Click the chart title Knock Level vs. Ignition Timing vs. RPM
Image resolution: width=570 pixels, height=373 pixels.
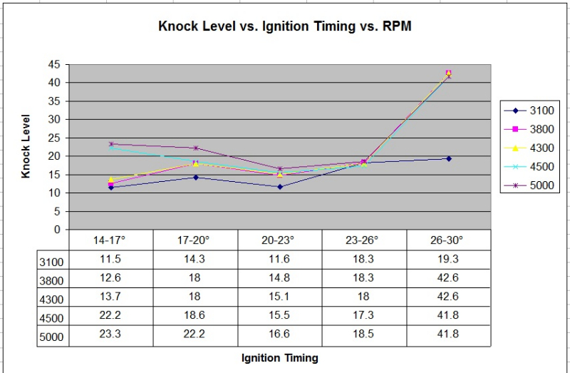coord(284,27)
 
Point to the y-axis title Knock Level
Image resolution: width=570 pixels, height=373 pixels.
coord(26,146)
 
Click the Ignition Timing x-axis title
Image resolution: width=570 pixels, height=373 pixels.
coord(279,358)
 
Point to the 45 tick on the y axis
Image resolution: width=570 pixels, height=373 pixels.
coord(55,64)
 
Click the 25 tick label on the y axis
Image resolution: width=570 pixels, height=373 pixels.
coord(55,138)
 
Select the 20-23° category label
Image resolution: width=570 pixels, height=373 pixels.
coord(279,240)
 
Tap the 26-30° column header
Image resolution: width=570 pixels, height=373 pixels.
coord(448,240)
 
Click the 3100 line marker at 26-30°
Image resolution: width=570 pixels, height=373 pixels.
coord(448,158)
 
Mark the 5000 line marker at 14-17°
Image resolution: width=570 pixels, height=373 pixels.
coord(111,144)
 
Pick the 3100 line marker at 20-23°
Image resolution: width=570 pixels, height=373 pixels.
coord(279,187)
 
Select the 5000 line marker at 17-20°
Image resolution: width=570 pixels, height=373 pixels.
coord(195,148)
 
